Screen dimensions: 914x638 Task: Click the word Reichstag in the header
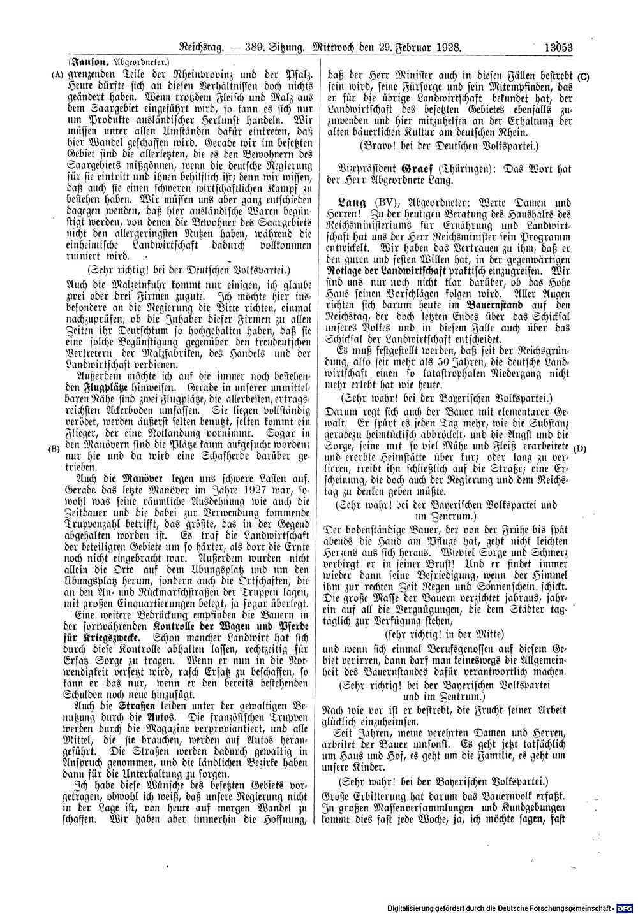coord(200,47)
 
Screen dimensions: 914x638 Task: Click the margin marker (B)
coord(54,448)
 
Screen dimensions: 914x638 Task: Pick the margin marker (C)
coord(583,77)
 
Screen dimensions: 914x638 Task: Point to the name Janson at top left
coord(89,62)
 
